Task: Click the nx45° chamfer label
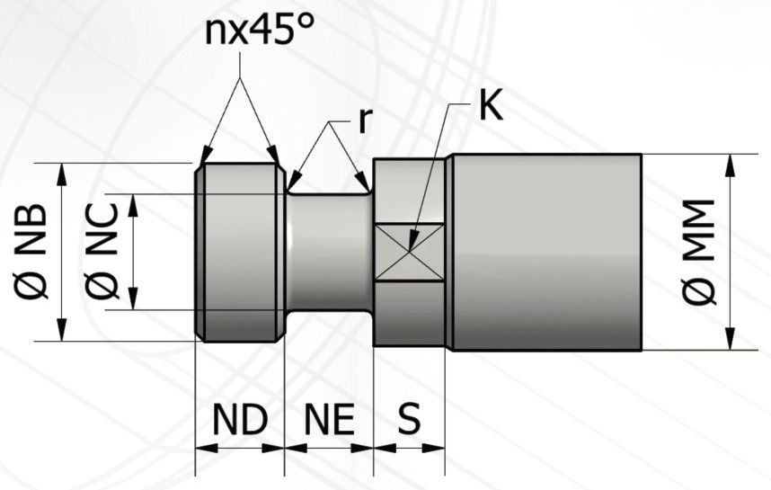coord(259,30)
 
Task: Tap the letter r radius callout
coord(363,121)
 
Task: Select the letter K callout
coord(491,105)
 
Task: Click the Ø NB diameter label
coord(31,252)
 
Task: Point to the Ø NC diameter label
coord(102,252)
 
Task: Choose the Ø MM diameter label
coord(699,252)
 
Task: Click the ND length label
coord(240,420)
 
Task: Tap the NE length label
coord(329,420)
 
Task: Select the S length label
coord(409,419)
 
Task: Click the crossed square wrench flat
coord(409,253)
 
